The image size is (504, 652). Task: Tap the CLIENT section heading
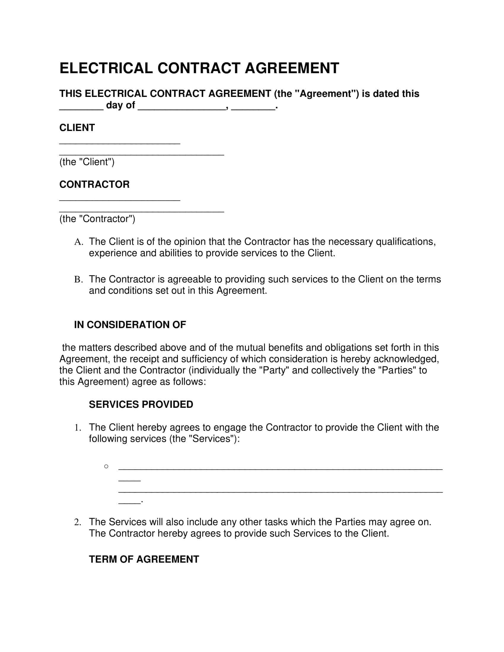[x=77, y=128]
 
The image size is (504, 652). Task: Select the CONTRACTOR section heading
[x=94, y=185]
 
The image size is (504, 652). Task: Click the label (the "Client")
[x=87, y=162]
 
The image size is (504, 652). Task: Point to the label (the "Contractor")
[x=97, y=219]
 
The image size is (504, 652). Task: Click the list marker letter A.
[x=78, y=242]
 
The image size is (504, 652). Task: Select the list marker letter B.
[x=78, y=280]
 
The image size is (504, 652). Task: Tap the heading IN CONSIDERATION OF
[x=130, y=325]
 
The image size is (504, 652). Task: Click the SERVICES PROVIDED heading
[x=141, y=405]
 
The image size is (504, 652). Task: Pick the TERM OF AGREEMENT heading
[x=144, y=559]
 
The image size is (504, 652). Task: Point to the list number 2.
[x=77, y=522]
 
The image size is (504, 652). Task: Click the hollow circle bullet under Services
[x=106, y=466]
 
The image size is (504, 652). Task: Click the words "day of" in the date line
[x=121, y=106]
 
